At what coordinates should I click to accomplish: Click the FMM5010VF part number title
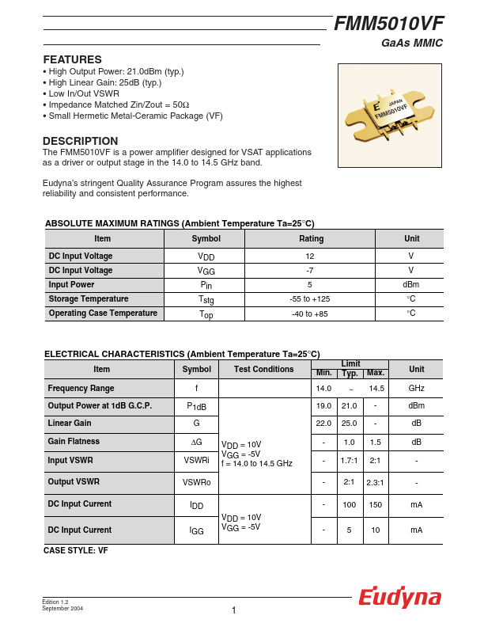point(388,24)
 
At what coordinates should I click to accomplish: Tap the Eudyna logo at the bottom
point(399,598)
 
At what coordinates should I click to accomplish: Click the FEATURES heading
point(72,59)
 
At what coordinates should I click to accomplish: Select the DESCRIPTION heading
point(80,141)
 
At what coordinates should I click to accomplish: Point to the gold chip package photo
point(390,116)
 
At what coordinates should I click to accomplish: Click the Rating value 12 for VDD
point(311,256)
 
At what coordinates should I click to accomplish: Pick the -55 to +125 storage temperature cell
point(310,299)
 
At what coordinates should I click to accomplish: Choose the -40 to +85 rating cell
point(310,313)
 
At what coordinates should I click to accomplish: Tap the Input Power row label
point(72,285)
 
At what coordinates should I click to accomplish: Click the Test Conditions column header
point(264,370)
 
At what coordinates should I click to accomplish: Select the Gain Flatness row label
point(74,442)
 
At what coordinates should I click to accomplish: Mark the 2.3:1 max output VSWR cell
point(376,481)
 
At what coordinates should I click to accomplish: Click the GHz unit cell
point(417,389)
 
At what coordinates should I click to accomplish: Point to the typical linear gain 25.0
point(349,424)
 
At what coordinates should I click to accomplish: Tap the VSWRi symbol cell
point(196,460)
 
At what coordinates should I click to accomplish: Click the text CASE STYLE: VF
point(76,550)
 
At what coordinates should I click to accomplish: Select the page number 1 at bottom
point(234,610)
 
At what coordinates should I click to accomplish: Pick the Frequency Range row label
point(81,389)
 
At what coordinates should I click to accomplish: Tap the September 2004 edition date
point(62,608)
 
